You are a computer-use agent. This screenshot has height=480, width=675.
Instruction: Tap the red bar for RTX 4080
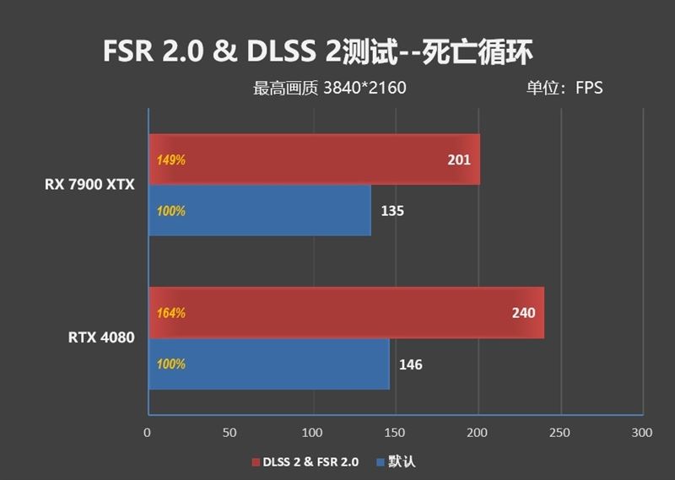[x=346, y=313]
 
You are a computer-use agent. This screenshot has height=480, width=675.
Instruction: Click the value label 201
[x=458, y=160]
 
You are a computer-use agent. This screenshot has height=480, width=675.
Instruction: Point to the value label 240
[x=523, y=313]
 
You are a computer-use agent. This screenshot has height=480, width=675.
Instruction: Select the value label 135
[x=392, y=211]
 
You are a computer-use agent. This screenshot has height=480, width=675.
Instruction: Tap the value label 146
[x=411, y=364]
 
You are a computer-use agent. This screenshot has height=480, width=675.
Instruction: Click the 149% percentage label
[x=170, y=160]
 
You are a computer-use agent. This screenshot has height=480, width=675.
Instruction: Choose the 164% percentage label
[x=170, y=313]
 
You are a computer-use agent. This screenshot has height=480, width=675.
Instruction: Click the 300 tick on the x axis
[x=642, y=433]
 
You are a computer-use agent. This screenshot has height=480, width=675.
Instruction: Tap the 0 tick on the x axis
[x=148, y=433]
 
